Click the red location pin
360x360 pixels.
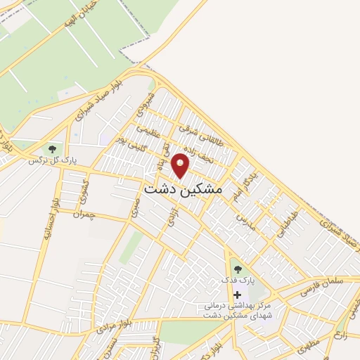(181, 166)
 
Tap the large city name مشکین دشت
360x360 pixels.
(183, 190)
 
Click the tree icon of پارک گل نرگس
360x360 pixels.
(51, 149)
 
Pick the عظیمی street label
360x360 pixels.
(153, 131)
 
